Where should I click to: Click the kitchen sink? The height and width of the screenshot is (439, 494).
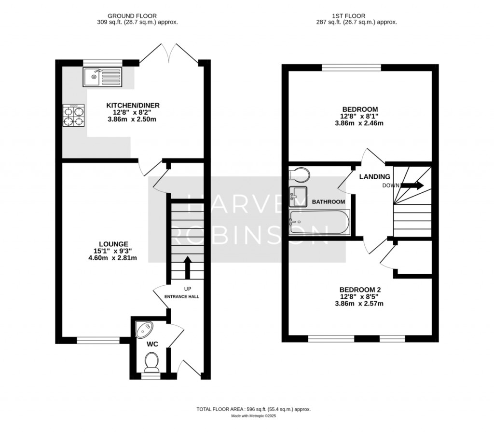[103, 77]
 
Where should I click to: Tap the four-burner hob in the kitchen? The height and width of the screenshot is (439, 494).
[73, 116]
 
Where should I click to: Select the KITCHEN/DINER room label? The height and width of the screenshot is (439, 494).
[133, 106]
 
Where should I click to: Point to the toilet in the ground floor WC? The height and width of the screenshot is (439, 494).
[152, 361]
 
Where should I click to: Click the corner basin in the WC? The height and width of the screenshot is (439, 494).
[144, 330]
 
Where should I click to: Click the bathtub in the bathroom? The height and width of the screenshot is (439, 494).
[318, 222]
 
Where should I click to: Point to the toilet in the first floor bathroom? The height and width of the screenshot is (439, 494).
[299, 174]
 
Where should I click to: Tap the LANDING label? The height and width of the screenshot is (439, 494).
[374, 177]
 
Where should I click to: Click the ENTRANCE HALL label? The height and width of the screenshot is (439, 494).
[182, 296]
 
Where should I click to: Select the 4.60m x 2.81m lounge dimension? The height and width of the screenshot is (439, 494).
[110, 258]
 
